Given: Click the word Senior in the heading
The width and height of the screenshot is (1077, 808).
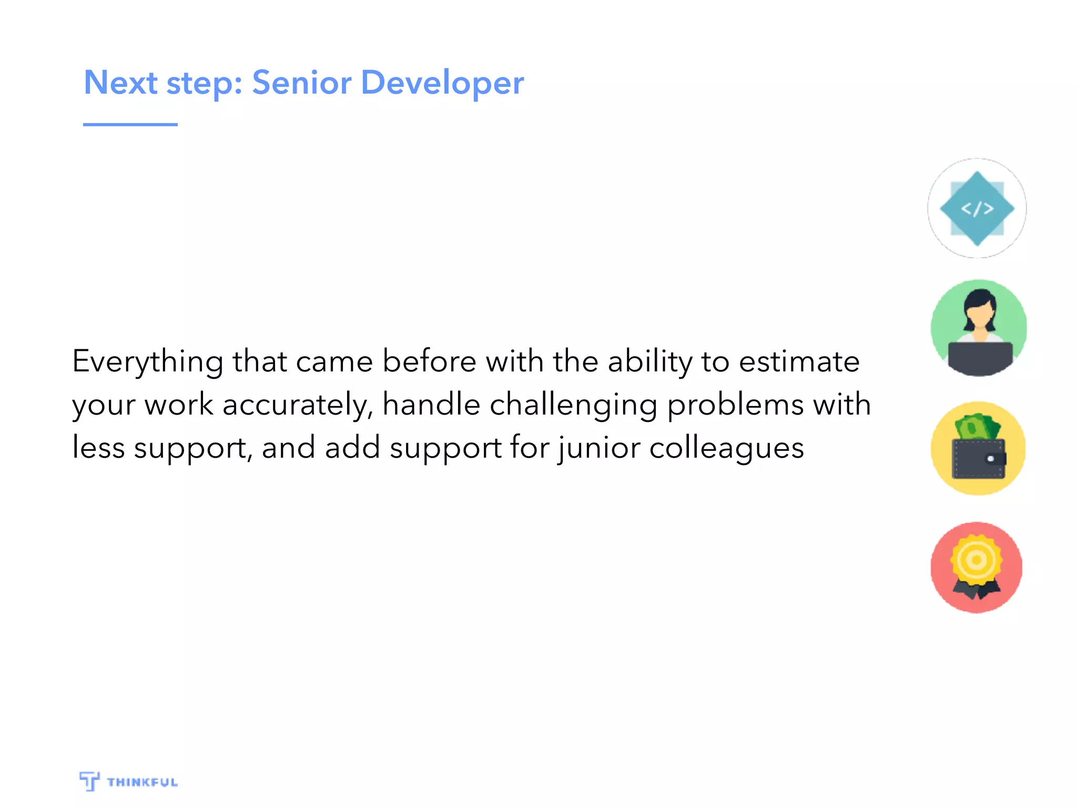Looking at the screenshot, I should pos(301,83).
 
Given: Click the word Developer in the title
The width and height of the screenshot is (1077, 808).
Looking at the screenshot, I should pos(442,83).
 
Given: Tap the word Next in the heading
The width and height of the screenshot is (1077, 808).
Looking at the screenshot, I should pos(120,83).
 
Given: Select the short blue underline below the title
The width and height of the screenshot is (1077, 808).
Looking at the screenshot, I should pos(130,125).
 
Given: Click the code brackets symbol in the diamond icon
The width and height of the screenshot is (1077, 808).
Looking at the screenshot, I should pos(977,209).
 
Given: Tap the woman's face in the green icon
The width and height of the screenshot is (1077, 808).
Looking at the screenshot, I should pos(979,316).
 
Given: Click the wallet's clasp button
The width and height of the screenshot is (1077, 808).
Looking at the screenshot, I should pos(991,459).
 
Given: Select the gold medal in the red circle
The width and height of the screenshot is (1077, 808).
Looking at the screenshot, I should pos(976,559).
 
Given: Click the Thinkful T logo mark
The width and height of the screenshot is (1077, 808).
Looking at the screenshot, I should pos(89,781).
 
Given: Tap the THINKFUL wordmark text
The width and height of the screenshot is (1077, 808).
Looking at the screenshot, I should pos(143,782).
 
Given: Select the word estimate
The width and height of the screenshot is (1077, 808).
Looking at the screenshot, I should pos(799,362).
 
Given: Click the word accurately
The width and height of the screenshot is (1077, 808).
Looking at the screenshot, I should pos(298,406).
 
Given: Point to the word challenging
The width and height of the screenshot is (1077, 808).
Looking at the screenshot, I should pos(573,406).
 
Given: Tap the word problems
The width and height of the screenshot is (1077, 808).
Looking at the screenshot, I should pos(735,406).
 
